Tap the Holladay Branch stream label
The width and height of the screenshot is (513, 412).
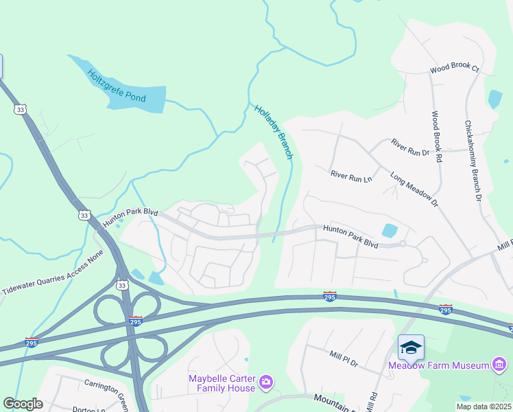[274, 132]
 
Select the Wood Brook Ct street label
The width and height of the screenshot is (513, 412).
[454, 69]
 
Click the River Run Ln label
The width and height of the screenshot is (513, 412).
[350, 176]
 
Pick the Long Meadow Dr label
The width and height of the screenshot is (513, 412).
[414, 190]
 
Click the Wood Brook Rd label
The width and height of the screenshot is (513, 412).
[437, 137]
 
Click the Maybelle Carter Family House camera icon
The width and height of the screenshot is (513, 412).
[266, 380]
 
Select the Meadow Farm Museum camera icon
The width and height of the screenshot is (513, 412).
[500, 364]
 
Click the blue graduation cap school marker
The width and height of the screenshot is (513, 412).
[411, 347]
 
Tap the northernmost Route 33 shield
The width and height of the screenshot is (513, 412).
[20, 109]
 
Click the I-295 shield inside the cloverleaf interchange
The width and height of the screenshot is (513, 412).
[135, 321]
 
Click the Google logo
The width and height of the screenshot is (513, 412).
[23, 403]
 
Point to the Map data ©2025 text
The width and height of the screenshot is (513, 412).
[483, 407]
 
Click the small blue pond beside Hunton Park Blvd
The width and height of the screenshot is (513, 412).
[389, 231]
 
